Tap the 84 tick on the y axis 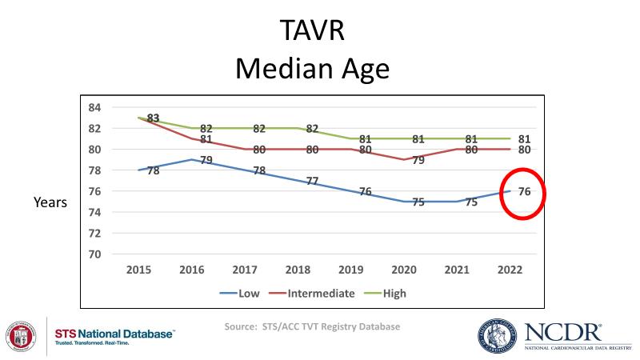[x=94, y=107]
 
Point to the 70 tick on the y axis [x=94, y=254]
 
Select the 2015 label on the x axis [x=140, y=271]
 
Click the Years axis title [x=50, y=203]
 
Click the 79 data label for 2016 [x=206, y=162]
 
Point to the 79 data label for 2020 [x=418, y=161]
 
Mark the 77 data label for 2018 [x=312, y=182]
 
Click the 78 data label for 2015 [x=154, y=170]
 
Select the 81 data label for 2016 [x=206, y=140]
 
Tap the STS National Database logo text [x=114, y=334]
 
